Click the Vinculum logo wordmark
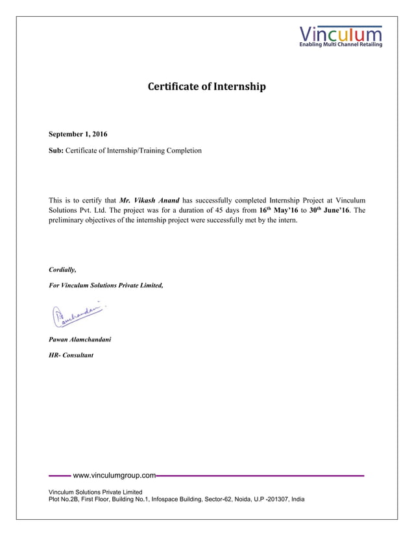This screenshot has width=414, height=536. (341, 33)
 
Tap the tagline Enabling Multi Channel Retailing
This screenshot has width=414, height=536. (340, 45)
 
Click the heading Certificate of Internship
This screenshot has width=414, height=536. (207, 86)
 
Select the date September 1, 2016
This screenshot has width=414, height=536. (79, 134)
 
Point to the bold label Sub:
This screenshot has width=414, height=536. (56, 151)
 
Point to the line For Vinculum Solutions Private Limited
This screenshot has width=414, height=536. (106, 286)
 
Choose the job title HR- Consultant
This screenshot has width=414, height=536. (71, 356)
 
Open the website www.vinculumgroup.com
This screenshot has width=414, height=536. (114, 476)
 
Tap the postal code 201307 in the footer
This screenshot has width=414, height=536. (279, 499)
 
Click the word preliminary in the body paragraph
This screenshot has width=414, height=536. (68, 221)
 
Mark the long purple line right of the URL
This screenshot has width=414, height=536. (260, 476)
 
